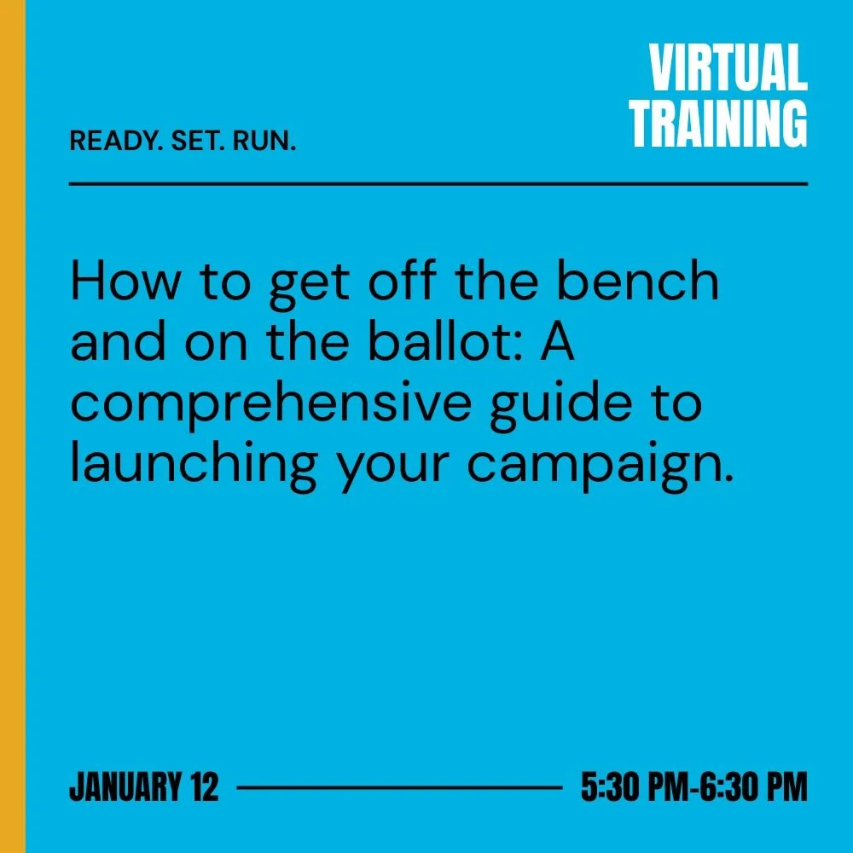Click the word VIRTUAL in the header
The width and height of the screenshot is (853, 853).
pos(728,69)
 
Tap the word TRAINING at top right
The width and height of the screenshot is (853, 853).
pos(718,125)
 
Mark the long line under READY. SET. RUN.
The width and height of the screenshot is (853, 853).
pos(438,183)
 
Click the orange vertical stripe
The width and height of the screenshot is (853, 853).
pos(12,426)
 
